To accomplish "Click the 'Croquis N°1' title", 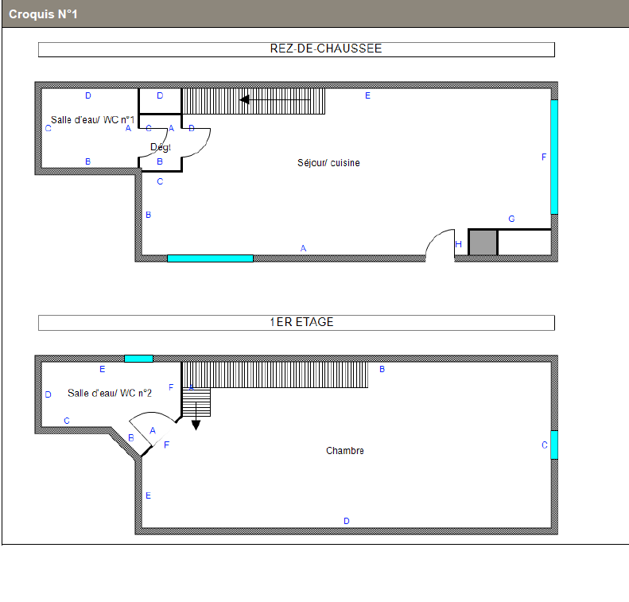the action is coord(43,14).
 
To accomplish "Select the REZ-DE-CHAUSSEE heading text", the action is coord(326,49).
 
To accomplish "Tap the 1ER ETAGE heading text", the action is coord(301,322).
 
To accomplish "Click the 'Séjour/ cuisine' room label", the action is coord(328,163).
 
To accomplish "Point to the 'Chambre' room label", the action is coord(345,451).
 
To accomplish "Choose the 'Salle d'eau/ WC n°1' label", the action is coord(93,120).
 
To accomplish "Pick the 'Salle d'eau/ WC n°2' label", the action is coord(110,393).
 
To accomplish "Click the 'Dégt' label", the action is coord(161,147).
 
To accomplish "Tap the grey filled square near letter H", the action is coord(483,243).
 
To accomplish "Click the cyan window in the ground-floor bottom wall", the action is coord(210,258).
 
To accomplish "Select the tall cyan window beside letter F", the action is coord(554,157).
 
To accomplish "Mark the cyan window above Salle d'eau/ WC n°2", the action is coord(139,359).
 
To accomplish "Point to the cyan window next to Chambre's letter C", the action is coord(554,445).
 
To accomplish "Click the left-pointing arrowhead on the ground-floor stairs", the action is coord(244,99).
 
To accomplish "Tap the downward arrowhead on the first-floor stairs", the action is coord(196,425).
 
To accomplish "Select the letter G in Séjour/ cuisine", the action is coord(511,219).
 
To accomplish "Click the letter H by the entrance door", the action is coord(459,244).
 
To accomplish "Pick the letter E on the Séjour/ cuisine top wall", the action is coord(367,95).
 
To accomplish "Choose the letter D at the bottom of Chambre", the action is coord(347,521).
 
